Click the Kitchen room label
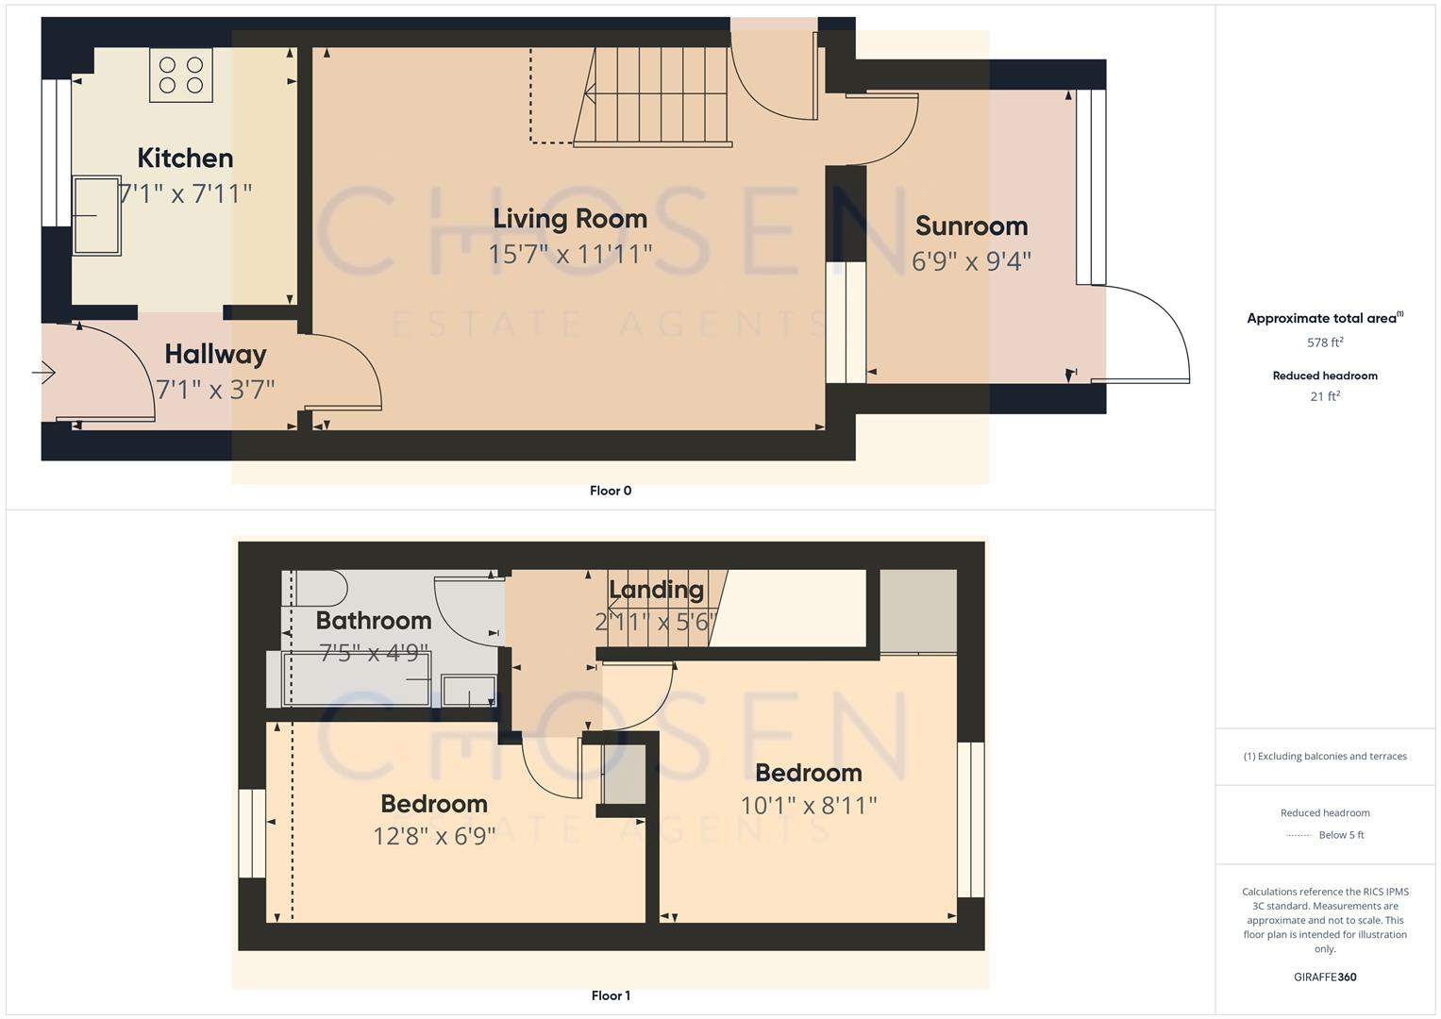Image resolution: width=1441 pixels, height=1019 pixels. (x=185, y=158)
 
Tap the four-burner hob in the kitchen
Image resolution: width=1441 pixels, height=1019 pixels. (x=181, y=75)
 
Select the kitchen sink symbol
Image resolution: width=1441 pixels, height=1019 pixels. (x=97, y=215)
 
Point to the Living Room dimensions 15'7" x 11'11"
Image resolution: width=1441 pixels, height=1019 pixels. (x=570, y=254)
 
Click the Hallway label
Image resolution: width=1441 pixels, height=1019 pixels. (x=215, y=354)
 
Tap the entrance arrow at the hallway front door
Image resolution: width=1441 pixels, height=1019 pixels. (x=43, y=374)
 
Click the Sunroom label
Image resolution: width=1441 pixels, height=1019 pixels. (x=971, y=226)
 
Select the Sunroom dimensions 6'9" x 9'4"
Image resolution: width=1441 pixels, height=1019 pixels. (x=971, y=261)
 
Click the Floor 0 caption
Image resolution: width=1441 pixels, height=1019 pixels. (x=611, y=491)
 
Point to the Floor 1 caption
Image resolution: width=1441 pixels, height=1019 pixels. (x=611, y=995)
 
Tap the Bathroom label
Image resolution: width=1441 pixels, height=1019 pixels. (x=373, y=620)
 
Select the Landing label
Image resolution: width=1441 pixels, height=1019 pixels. (x=656, y=590)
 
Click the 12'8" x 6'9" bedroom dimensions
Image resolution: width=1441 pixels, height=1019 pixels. (x=434, y=836)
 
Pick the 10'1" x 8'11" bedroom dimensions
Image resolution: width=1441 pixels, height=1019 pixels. (x=809, y=805)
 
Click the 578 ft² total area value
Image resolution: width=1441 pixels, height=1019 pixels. (x=1325, y=342)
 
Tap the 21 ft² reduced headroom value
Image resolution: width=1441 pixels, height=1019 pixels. (x=1325, y=396)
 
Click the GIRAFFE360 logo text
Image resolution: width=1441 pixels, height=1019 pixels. (x=1325, y=977)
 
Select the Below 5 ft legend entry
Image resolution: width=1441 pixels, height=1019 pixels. (x=1340, y=835)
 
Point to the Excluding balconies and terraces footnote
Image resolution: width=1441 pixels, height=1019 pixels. (x=1325, y=756)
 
